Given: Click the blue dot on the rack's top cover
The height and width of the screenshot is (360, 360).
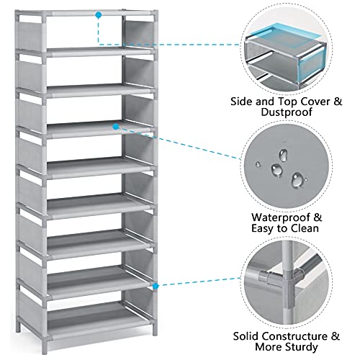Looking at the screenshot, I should (x=99, y=14).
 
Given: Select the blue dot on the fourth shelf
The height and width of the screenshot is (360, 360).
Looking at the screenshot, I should (x=114, y=125).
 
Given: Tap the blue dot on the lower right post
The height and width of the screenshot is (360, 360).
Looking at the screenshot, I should (x=156, y=286).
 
